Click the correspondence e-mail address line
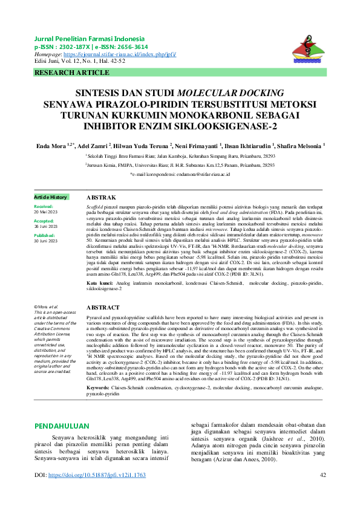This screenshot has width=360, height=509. click(180, 174)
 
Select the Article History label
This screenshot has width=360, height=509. click(51, 198)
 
